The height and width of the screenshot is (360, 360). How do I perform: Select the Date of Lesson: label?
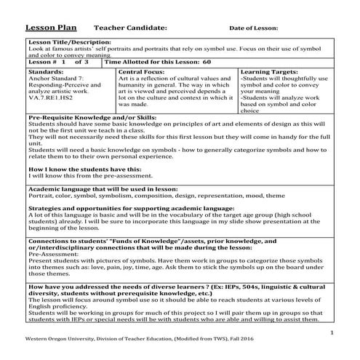(x=254, y=28)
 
